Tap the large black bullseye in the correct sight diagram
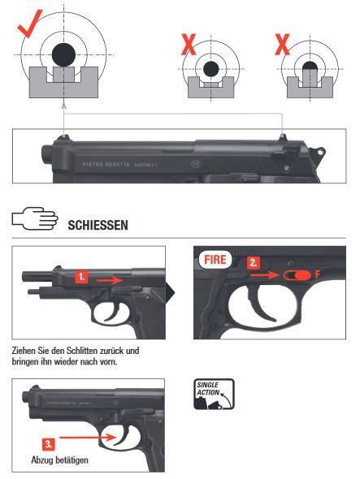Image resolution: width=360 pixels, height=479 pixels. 63,55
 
